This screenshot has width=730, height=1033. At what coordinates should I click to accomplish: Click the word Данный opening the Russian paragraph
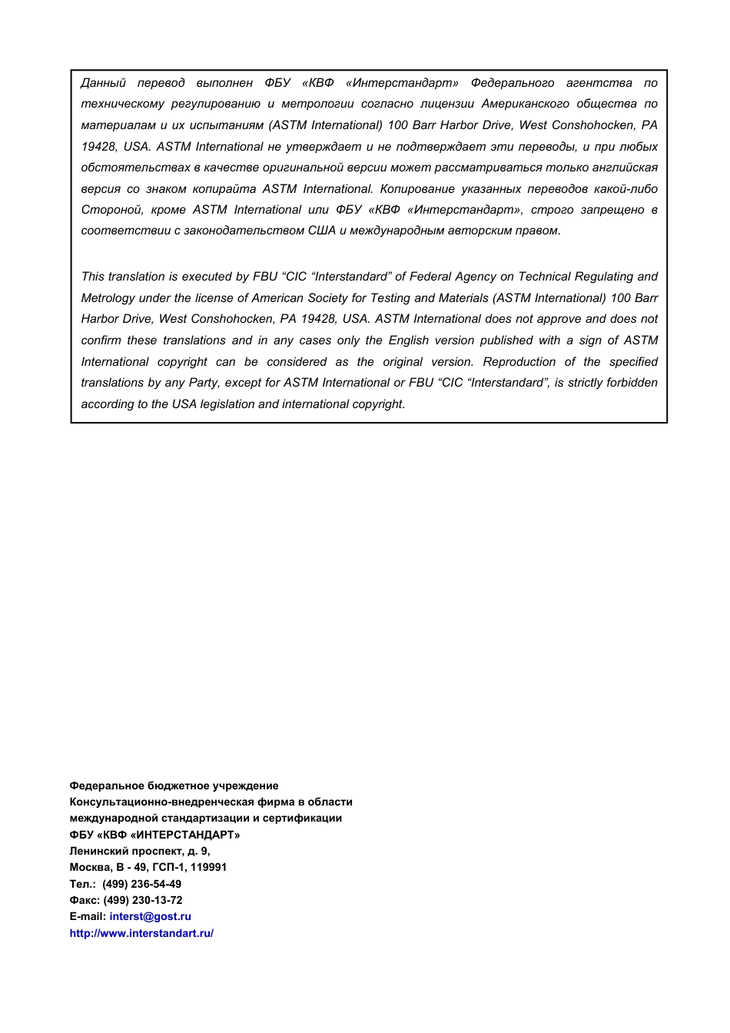(103, 83)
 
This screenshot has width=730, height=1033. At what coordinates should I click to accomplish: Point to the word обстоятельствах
(135, 168)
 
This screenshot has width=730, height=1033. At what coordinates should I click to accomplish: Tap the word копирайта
(224, 189)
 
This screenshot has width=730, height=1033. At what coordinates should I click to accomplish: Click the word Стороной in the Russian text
(112, 210)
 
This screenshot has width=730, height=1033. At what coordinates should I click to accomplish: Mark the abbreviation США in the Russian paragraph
(322, 231)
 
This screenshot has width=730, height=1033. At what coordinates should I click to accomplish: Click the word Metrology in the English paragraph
(109, 298)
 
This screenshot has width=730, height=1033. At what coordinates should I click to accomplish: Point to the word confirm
(101, 340)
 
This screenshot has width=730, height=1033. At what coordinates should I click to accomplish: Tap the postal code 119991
(208, 867)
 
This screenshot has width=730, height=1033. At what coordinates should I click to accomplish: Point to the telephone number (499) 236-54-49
(142, 884)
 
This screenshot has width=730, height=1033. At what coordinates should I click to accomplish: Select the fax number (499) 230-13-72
(143, 900)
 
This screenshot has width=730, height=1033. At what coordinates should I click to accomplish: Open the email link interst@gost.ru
(150, 916)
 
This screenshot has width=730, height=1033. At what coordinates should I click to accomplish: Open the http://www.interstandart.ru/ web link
(141, 933)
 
